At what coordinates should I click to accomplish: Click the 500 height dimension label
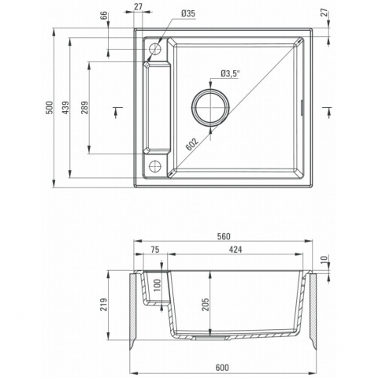[x=50, y=108]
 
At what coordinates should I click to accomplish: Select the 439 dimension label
[x=65, y=108]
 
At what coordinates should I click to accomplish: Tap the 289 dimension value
[x=85, y=108]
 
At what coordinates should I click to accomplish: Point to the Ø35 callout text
[x=188, y=13]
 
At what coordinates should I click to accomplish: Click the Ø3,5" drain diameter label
[x=231, y=74]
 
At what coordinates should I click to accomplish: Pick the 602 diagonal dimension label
[x=192, y=144]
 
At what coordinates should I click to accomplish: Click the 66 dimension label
[x=104, y=16]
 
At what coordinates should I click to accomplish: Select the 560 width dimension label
[x=224, y=236]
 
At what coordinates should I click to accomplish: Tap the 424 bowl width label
[x=235, y=250]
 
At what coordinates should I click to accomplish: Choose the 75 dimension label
[x=155, y=250]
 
